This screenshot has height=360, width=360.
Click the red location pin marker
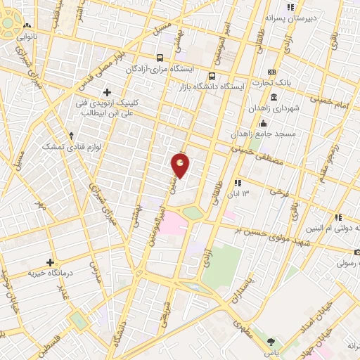(181, 165)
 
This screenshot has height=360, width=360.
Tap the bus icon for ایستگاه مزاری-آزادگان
(161, 58)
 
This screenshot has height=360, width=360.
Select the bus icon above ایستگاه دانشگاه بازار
(212, 76)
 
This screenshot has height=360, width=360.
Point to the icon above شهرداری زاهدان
(273, 96)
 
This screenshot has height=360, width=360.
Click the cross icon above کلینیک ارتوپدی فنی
(107, 92)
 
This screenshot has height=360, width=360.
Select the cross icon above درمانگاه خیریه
(50, 262)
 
